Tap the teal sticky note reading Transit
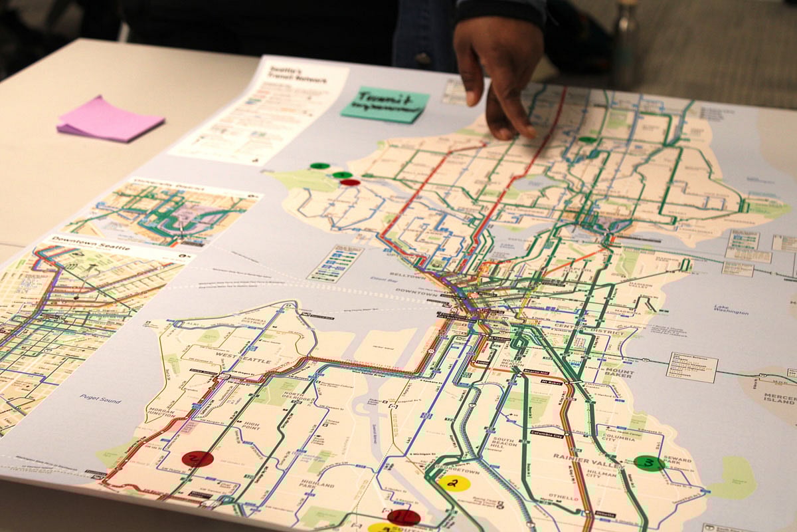(385, 104)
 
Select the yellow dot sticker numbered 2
(454, 483)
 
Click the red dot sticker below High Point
(198, 459)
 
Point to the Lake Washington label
(731, 309)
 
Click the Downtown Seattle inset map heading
(90, 240)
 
